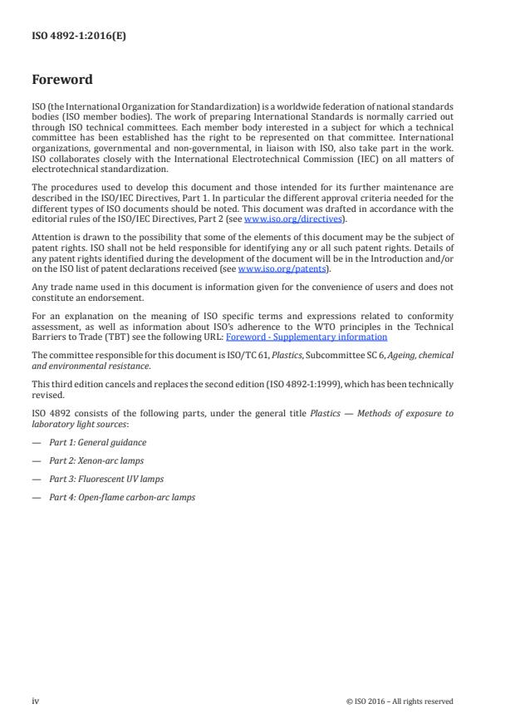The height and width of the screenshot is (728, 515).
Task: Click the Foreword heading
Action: coord(61,81)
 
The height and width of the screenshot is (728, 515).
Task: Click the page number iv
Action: coord(35,701)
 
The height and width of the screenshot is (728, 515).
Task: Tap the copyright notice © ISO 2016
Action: coord(399,701)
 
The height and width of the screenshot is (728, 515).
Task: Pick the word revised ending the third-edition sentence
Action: coord(47,396)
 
